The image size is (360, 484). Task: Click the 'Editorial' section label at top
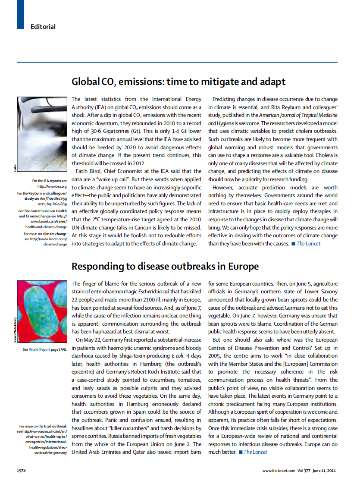click(43, 27)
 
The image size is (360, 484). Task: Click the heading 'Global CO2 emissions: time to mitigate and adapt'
click(178, 82)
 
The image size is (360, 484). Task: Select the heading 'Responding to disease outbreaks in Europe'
click(165, 266)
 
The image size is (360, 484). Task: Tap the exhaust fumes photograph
click(42, 134)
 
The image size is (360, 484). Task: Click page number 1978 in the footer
click(22, 470)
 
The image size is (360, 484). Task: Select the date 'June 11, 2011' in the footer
click(325, 470)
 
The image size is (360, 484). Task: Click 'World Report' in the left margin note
click(40, 349)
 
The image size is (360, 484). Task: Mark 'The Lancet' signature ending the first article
click(308, 244)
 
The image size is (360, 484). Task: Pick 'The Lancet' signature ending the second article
click(255, 452)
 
